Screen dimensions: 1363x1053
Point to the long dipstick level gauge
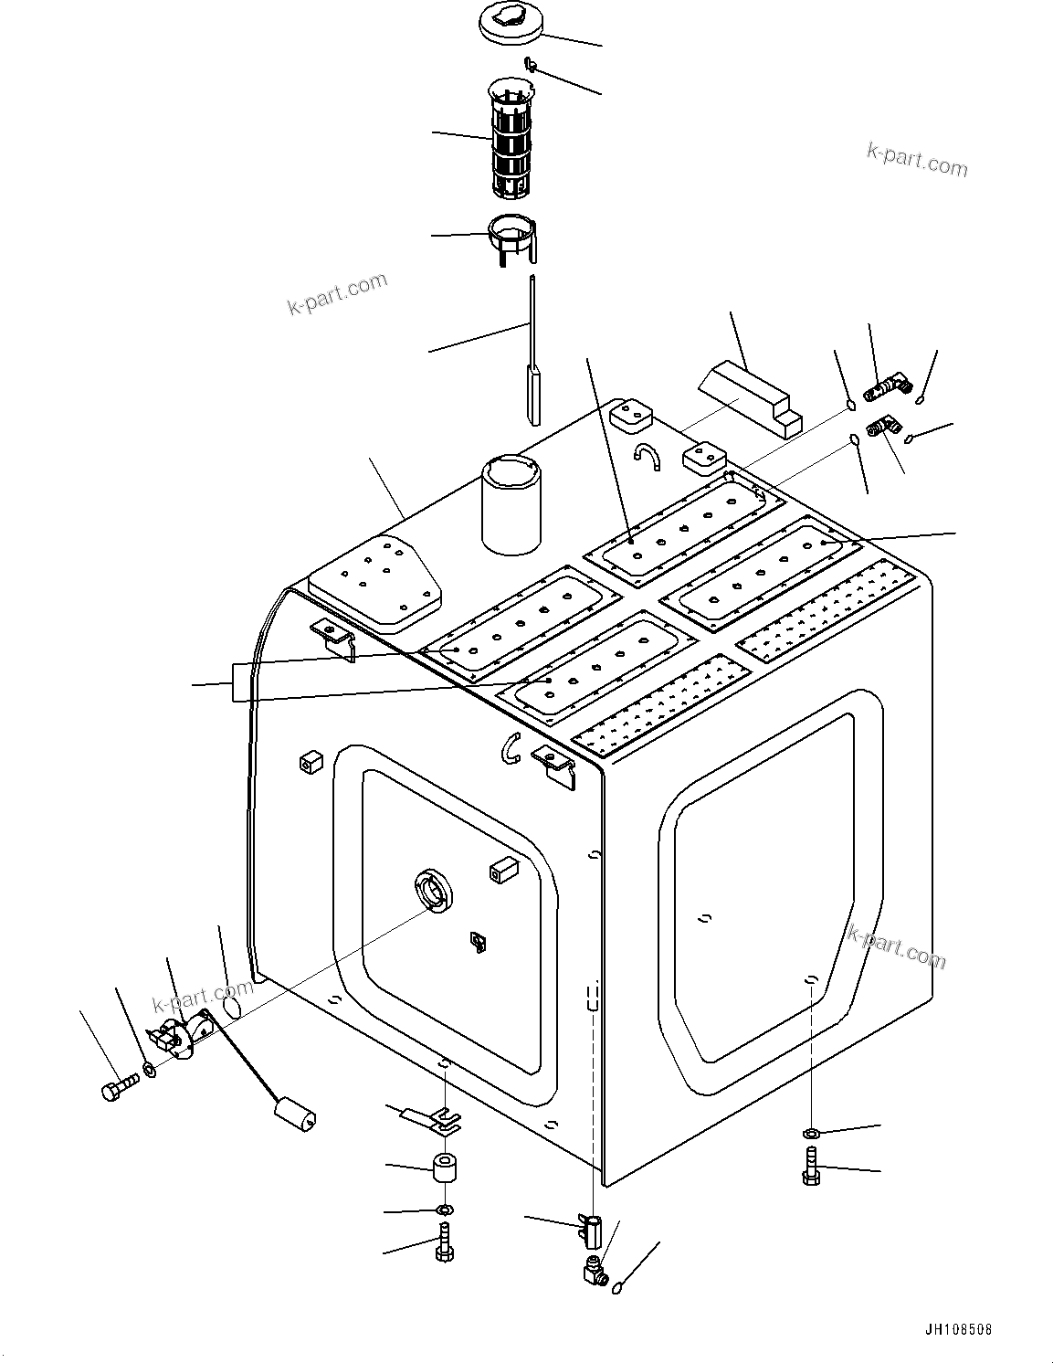tap(532, 365)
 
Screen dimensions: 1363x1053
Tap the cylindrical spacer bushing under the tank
tap(444, 1169)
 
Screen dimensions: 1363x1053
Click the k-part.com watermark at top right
tap(916, 162)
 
